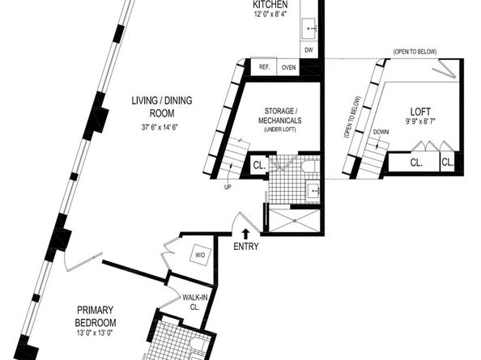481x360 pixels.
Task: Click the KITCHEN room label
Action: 270,5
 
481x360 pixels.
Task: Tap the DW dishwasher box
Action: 309,49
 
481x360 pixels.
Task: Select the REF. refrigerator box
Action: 264,67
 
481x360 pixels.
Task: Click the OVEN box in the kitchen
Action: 288,67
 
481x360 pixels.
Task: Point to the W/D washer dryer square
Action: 200,255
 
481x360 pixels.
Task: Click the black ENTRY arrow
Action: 245,234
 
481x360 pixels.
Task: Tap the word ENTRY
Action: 245,246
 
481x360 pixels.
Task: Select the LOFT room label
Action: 420,112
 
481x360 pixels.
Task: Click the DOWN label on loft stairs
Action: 381,132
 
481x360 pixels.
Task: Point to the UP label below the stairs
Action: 228,187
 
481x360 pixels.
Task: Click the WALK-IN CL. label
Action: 195,302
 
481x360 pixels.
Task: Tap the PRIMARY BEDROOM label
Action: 96,316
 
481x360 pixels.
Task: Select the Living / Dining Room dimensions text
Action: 160,127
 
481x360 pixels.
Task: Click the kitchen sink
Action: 309,28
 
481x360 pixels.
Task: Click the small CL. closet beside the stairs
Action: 259,166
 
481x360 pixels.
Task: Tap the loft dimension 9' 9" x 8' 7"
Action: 420,121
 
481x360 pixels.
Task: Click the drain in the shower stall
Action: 295,220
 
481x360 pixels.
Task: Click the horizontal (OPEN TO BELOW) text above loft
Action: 415,52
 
